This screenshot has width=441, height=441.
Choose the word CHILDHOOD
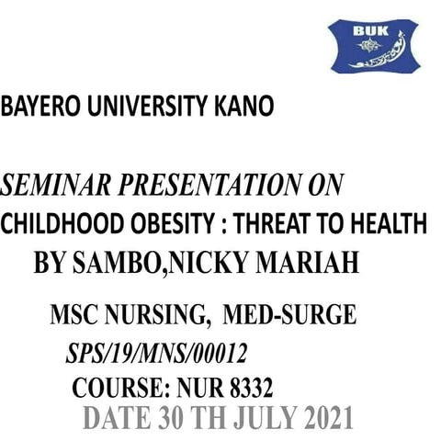click(67, 223)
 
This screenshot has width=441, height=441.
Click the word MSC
click(75, 317)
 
